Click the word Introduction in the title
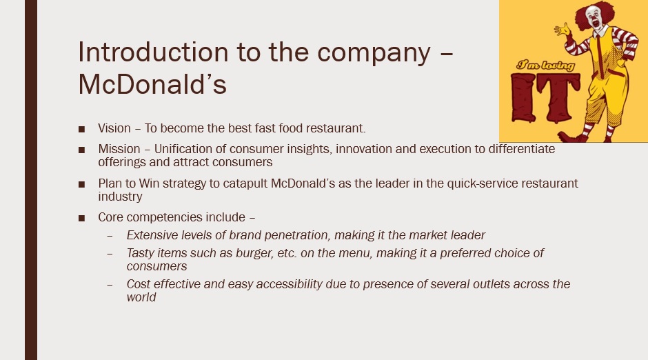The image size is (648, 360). (x=153, y=52)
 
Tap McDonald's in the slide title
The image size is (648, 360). (x=152, y=85)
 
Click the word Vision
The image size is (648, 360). (x=114, y=128)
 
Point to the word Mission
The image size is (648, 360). (x=119, y=149)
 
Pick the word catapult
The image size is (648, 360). (x=245, y=183)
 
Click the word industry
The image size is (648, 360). (x=120, y=197)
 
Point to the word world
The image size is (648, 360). (x=141, y=297)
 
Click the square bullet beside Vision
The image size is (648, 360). (x=81, y=129)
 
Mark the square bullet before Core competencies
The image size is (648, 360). (x=81, y=218)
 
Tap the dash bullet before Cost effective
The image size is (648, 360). (x=110, y=285)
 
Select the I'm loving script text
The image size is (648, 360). (x=545, y=66)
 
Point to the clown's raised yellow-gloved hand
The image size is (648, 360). (x=563, y=29)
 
